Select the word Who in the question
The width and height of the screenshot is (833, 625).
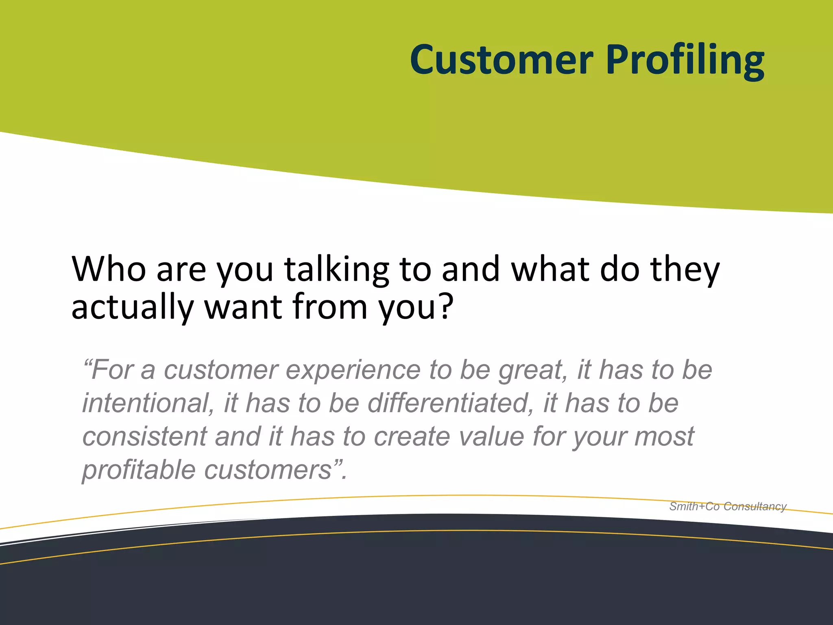(x=109, y=269)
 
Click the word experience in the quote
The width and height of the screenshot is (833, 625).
(x=353, y=371)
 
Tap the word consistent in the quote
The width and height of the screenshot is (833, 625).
(x=144, y=437)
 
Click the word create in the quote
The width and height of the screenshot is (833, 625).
(x=412, y=437)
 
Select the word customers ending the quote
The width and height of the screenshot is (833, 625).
(x=268, y=470)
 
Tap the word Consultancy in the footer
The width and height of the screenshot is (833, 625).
(x=755, y=507)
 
